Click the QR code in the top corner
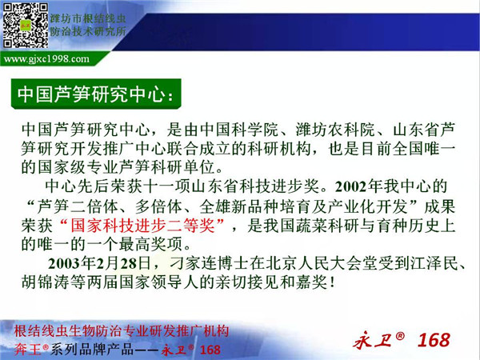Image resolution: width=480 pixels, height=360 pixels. click(26, 26)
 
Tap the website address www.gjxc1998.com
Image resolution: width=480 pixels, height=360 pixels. click(46, 58)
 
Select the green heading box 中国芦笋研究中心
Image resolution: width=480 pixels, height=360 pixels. click(96, 94)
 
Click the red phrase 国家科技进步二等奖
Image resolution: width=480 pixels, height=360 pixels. click(143, 226)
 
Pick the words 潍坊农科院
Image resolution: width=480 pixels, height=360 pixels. click(335, 130)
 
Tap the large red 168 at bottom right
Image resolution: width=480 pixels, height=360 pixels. click(434, 340)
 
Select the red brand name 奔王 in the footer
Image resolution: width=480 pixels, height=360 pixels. click(28, 349)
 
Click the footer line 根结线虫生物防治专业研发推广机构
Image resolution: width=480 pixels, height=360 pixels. click(122, 331)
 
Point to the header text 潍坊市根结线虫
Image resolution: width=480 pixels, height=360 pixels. click(88, 18)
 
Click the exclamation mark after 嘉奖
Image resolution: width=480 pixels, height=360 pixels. click(332, 282)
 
